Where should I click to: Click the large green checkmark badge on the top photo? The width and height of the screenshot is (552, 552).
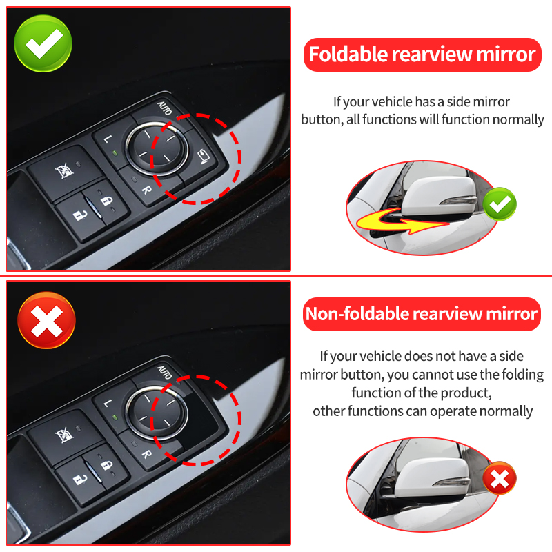coord(43,43)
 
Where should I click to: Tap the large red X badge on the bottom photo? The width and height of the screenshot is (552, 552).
coord(46,320)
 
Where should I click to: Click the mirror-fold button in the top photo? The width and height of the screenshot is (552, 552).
coord(203,157)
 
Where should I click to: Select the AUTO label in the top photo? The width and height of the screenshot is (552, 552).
coord(164,108)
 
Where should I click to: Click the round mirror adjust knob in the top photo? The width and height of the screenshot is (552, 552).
coord(157,148)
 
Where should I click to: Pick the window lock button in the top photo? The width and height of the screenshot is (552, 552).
coord(64,172)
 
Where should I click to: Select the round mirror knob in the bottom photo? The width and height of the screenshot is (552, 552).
coord(157,413)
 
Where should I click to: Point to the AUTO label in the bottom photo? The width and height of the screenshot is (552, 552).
coord(164,373)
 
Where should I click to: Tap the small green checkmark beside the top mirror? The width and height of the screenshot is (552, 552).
coord(500,204)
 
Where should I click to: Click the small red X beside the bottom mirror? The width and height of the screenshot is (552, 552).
coord(500,478)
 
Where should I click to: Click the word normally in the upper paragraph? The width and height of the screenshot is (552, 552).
coord(518,120)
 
